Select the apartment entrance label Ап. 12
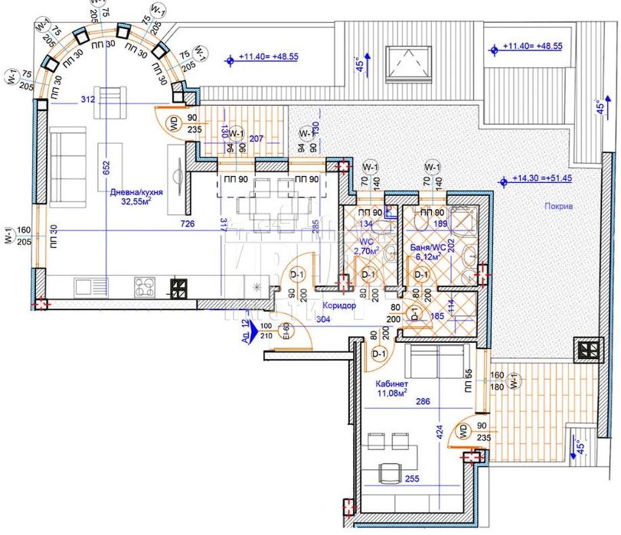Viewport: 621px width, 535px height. coord(245,330)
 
